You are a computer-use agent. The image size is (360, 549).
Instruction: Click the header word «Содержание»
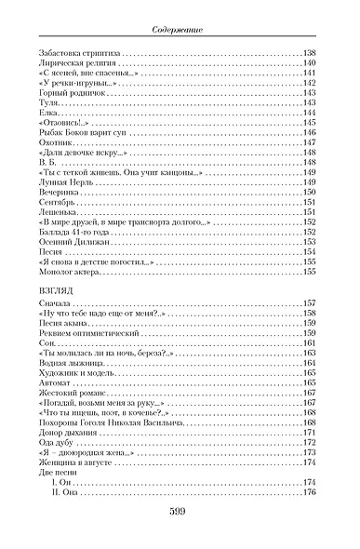180,31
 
